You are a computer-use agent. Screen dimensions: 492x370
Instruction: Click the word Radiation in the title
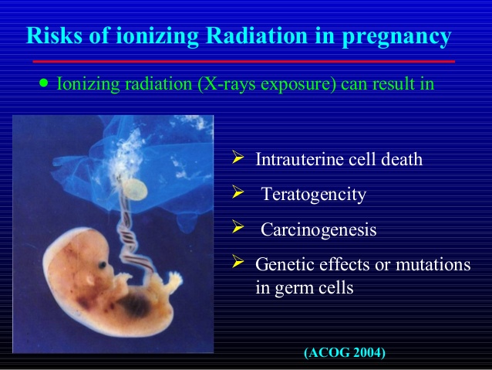tap(258, 35)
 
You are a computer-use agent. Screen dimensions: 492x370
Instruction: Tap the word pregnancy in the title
tap(396, 37)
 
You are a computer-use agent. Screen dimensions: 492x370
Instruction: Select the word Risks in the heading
tap(55, 35)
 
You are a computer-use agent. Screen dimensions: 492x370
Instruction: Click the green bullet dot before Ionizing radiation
tap(44, 83)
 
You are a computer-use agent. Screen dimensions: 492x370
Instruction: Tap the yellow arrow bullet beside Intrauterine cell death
tap(238, 157)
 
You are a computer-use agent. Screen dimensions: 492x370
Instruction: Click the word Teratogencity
tap(313, 195)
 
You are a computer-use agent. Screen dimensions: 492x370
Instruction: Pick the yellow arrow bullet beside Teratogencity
tap(238, 192)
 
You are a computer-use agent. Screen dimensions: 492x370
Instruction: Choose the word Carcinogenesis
tap(318, 230)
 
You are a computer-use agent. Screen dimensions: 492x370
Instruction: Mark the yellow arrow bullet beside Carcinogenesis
tap(238, 226)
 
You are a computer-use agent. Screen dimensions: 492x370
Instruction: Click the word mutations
tap(433, 264)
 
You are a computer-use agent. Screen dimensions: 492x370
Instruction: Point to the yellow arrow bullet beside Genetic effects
tap(238, 261)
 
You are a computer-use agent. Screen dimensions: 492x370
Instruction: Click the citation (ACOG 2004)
tap(345, 352)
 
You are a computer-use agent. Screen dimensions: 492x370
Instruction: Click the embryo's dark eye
tap(103, 265)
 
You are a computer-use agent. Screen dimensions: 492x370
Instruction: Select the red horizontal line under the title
tap(244, 62)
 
